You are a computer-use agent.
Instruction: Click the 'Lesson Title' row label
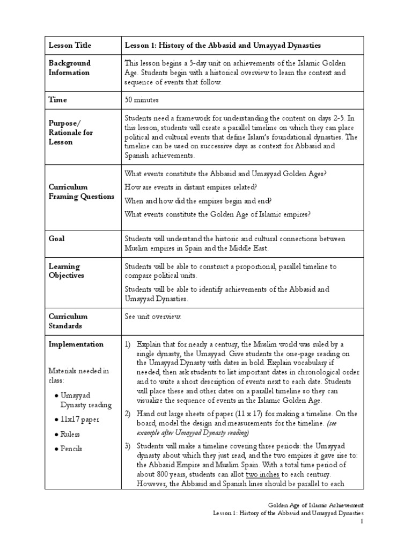69,45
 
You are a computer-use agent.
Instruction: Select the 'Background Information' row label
70,68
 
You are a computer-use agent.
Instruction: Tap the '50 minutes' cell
142,99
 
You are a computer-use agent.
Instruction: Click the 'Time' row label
57,99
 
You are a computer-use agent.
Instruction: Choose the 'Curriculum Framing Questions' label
81,191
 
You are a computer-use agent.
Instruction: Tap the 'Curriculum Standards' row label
68,321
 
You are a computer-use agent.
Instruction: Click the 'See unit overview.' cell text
153,316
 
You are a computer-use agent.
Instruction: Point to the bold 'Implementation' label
76,344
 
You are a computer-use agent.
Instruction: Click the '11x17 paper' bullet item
80,419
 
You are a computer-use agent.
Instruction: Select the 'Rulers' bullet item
71,434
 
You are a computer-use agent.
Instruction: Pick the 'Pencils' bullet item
72,448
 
